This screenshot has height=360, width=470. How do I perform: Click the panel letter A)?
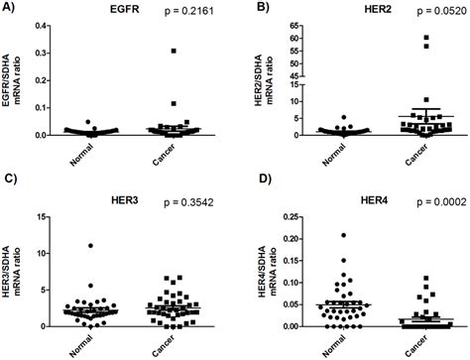(x=12, y=9)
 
